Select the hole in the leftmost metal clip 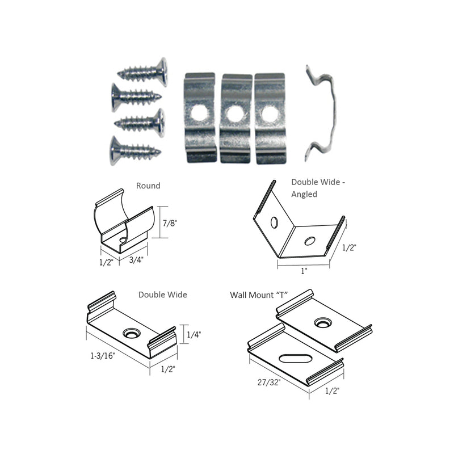tap(200, 113)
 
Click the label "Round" tap(148, 186)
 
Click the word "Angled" tap(305, 194)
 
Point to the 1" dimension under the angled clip tap(304, 271)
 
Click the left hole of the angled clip tap(274, 222)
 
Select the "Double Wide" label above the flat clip tap(162, 295)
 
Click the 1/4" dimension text tap(194, 335)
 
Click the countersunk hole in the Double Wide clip tap(132, 333)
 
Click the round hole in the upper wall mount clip tap(323, 322)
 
